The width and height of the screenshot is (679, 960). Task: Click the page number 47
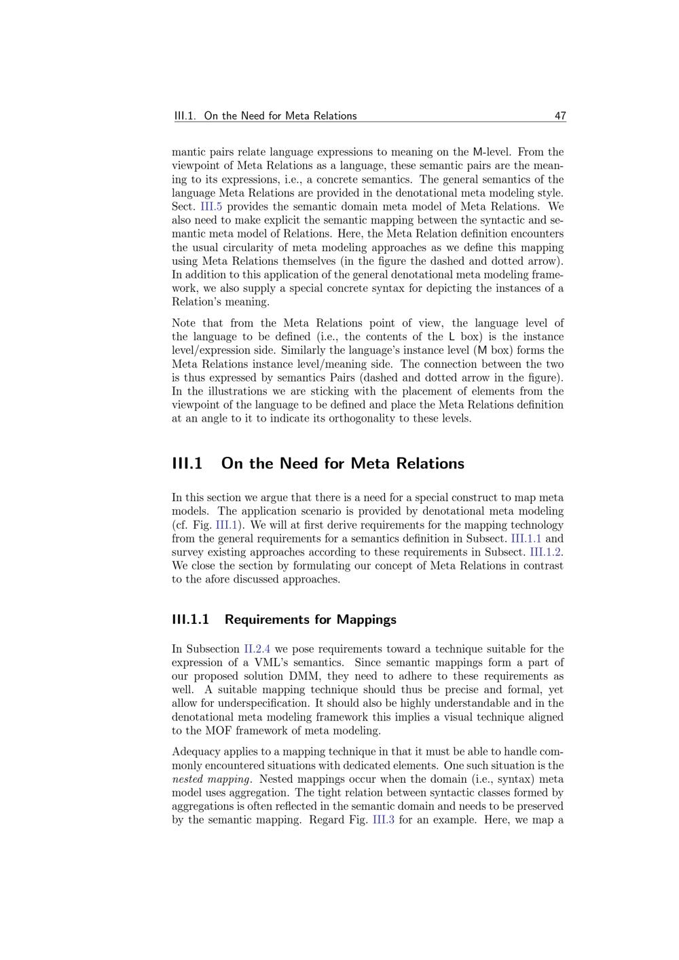point(559,116)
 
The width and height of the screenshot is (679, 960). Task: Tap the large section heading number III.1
point(187,464)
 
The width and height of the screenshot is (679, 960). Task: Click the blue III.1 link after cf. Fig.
point(226,525)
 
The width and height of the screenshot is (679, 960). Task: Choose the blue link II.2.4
point(257,649)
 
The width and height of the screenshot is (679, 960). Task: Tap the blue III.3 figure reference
point(384,819)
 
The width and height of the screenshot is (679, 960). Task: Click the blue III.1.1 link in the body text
point(526,538)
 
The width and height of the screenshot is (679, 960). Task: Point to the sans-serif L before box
point(452,337)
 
